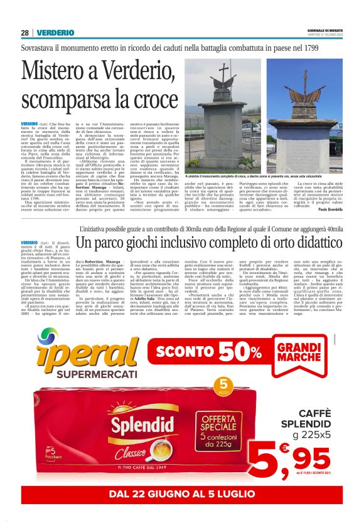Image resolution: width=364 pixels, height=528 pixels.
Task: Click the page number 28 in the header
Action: [x=24, y=32]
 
